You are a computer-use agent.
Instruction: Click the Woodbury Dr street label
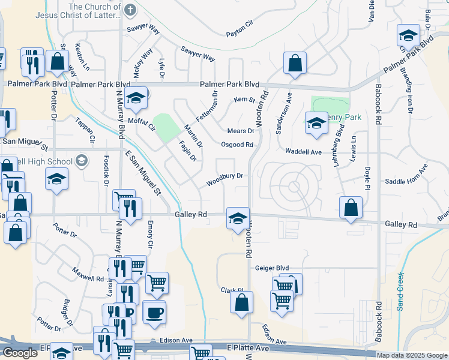click(x=224, y=176)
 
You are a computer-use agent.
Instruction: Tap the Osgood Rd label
click(x=237, y=145)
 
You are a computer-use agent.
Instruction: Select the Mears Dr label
click(x=241, y=131)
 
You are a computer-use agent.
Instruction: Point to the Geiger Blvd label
click(x=272, y=268)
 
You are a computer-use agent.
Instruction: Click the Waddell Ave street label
click(x=304, y=152)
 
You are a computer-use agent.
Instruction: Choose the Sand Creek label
click(x=400, y=291)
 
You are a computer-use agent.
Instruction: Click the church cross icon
click(x=130, y=10)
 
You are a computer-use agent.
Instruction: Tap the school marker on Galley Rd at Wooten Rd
click(x=238, y=217)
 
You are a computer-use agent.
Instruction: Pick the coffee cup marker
click(x=155, y=312)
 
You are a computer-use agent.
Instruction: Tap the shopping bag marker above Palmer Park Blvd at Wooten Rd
click(x=295, y=62)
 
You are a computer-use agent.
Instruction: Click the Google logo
click(x=20, y=353)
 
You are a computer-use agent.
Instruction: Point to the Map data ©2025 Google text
click(x=411, y=355)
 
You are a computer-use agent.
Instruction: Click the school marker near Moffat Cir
click(x=136, y=98)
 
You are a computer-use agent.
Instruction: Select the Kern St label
click(x=244, y=100)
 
